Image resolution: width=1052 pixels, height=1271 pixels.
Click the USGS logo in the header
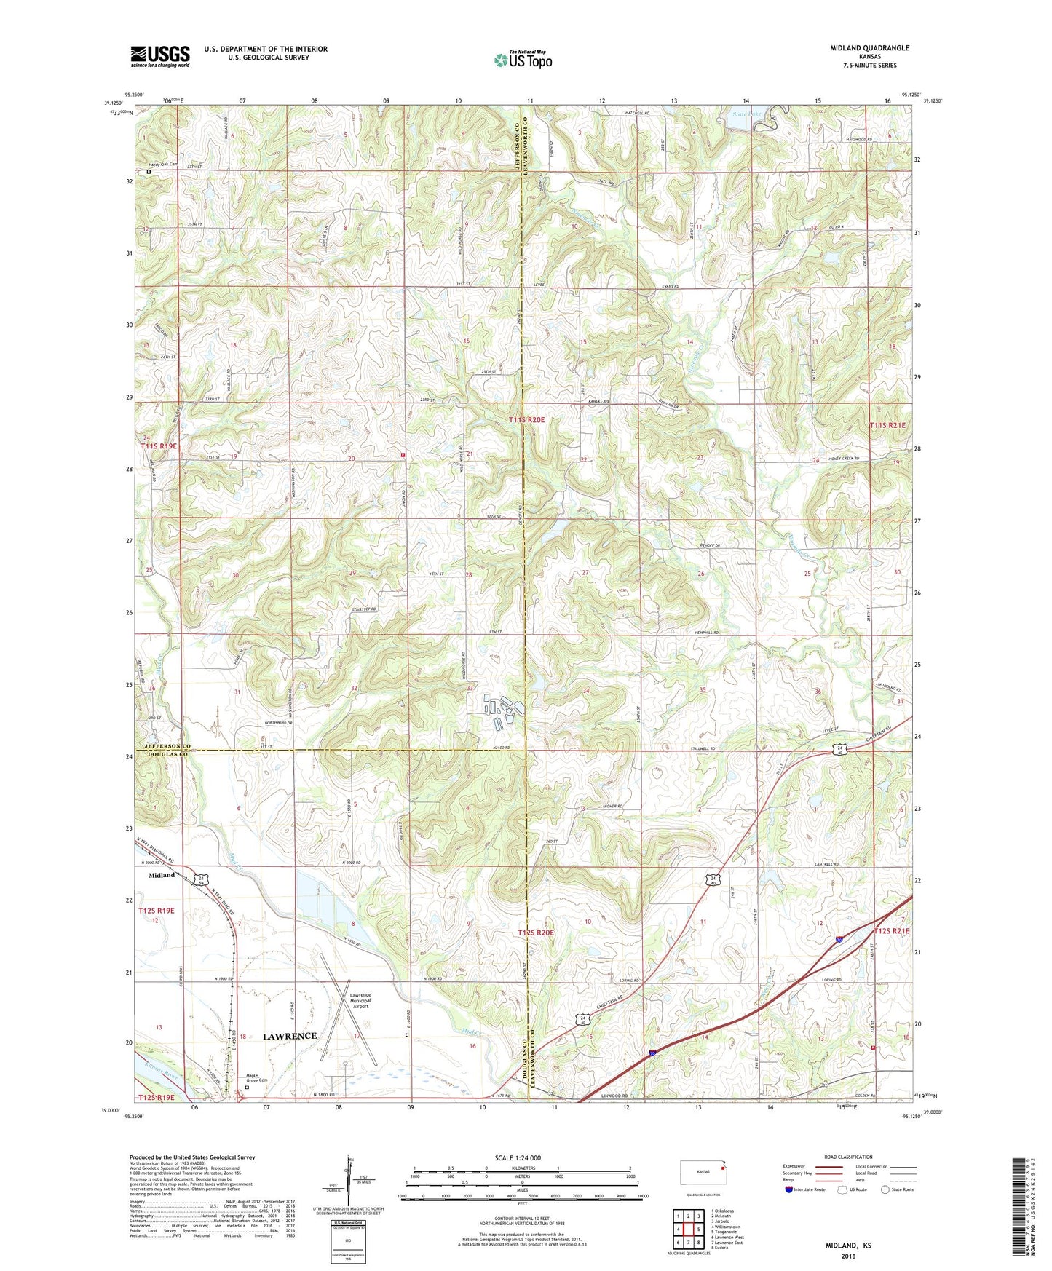point(160,56)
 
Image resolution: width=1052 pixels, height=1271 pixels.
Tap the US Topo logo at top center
point(523,60)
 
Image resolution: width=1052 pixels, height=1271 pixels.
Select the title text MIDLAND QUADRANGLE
point(869,48)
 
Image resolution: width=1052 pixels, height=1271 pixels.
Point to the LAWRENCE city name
point(290,1036)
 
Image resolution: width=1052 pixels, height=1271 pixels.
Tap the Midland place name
point(162,875)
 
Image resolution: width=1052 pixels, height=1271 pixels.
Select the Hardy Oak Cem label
point(164,165)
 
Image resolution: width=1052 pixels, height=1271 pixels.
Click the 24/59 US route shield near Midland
point(201,879)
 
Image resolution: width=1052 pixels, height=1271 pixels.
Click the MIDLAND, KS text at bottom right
point(847,1246)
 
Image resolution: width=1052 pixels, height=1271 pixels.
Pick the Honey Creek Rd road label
point(845,459)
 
